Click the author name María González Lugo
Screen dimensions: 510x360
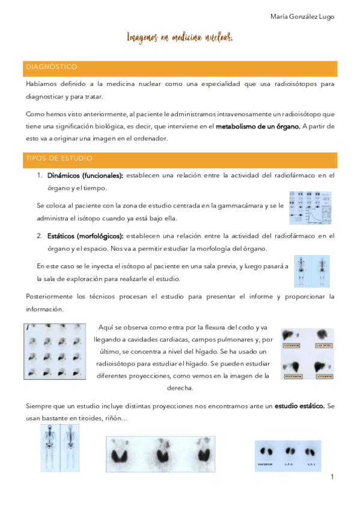click(x=302, y=17)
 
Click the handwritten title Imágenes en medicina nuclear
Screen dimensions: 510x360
click(x=180, y=38)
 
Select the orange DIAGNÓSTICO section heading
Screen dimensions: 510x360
click(x=51, y=67)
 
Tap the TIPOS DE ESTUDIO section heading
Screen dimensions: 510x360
click(x=58, y=158)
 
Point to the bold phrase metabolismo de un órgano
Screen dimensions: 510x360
click(x=258, y=126)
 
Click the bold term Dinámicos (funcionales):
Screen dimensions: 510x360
click(x=85, y=175)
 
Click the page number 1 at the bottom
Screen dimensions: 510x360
click(x=331, y=477)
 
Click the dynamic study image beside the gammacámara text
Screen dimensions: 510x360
click(x=309, y=207)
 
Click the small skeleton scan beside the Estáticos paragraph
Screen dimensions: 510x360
click(x=312, y=271)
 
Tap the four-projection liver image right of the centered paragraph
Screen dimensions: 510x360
click(x=307, y=353)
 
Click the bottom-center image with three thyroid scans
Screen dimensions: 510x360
click(x=162, y=456)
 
